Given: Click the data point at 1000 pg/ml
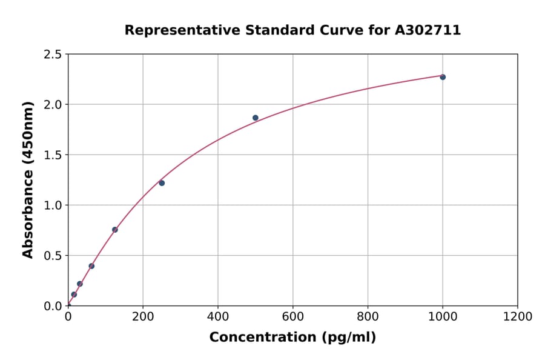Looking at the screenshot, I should pyautogui.click(x=443, y=77).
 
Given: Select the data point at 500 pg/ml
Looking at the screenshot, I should pyautogui.click(x=256, y=118).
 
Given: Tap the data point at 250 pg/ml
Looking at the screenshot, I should pyautogui.click(x=162, y=183).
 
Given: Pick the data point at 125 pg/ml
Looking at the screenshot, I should pyautogui.click(x=115, y=230).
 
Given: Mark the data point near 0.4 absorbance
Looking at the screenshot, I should pyautogui.click(x=91, y=266).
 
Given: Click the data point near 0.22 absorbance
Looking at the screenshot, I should pyautogui.click(x=80, y=284).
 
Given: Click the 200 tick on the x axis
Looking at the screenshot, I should pyautogui.click(x=143, y=316).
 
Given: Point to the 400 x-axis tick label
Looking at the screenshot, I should pyautogui.click(x=218, y=316).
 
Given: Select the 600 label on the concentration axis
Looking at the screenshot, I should pyautogui.click(x=293, y=316).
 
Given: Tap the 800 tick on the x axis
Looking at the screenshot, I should pyautogui.click(x=368, y=316).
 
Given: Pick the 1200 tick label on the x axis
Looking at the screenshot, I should pyautogui.click(x=518, y=316).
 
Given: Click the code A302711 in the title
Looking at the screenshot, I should pyautogui.click(x=428, y=30).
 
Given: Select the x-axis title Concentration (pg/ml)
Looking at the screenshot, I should pyautogui.click(x=292, y=338).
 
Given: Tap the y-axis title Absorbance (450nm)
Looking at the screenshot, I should pyautogui.click(x=28, y=179).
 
